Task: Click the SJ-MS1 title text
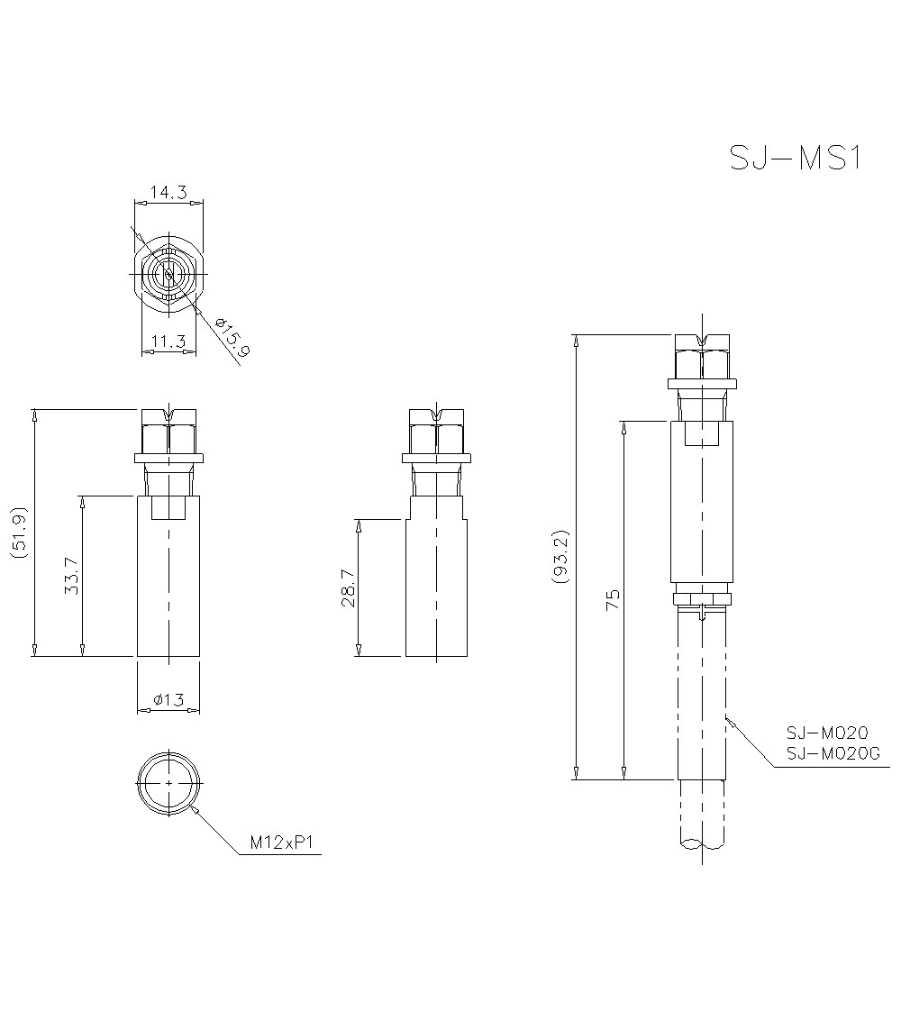(x=796, y=158)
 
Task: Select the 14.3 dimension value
(x=168, y=192)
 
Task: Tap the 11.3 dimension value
(x=168, y=341)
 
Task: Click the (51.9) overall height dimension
(x=20, y=533)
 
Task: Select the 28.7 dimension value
(x=347, y=588)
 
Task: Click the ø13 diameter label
(x=168, y=700)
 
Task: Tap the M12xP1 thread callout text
(x=281, y=843)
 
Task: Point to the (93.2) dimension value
(x=561, y=556)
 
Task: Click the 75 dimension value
(x=613, y=600)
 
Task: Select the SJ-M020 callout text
(x=826, y=733)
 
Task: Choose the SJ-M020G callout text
(x=832, y=753)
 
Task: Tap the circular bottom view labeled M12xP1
(x=168, y=782)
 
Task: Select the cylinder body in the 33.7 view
(x=168, y=577)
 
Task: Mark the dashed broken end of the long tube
(x=702, y=843)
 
